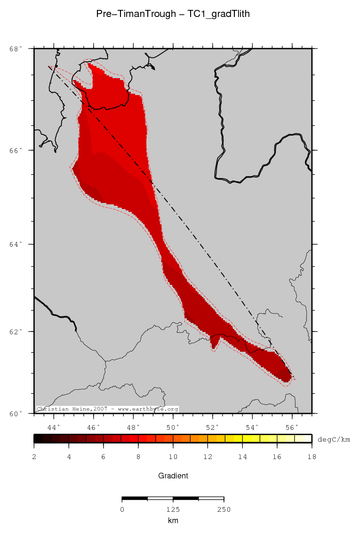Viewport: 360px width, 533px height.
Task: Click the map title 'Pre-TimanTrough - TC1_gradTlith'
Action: pos(173,14)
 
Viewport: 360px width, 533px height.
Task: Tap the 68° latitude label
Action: pos(15,48)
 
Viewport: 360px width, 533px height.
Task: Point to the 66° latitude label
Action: pos(15,150)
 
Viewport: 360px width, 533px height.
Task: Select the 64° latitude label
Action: pos(15,244)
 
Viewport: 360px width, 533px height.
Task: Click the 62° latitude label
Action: pos(15,331)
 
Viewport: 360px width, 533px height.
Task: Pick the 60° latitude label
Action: pos(15,413)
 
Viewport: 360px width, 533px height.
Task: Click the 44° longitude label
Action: pos(55,428)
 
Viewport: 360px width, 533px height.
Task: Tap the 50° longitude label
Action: pos(174,428)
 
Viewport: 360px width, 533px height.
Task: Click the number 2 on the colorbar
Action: pos(34,457)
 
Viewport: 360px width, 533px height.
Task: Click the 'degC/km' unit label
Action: pos(334,439)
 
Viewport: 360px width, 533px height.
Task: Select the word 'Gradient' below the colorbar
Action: pos(173,476)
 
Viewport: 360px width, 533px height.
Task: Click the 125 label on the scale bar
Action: pos(173,509)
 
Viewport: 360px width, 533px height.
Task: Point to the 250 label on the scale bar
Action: pos(223,509)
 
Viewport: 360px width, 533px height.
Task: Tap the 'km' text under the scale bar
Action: pos(173,520)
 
